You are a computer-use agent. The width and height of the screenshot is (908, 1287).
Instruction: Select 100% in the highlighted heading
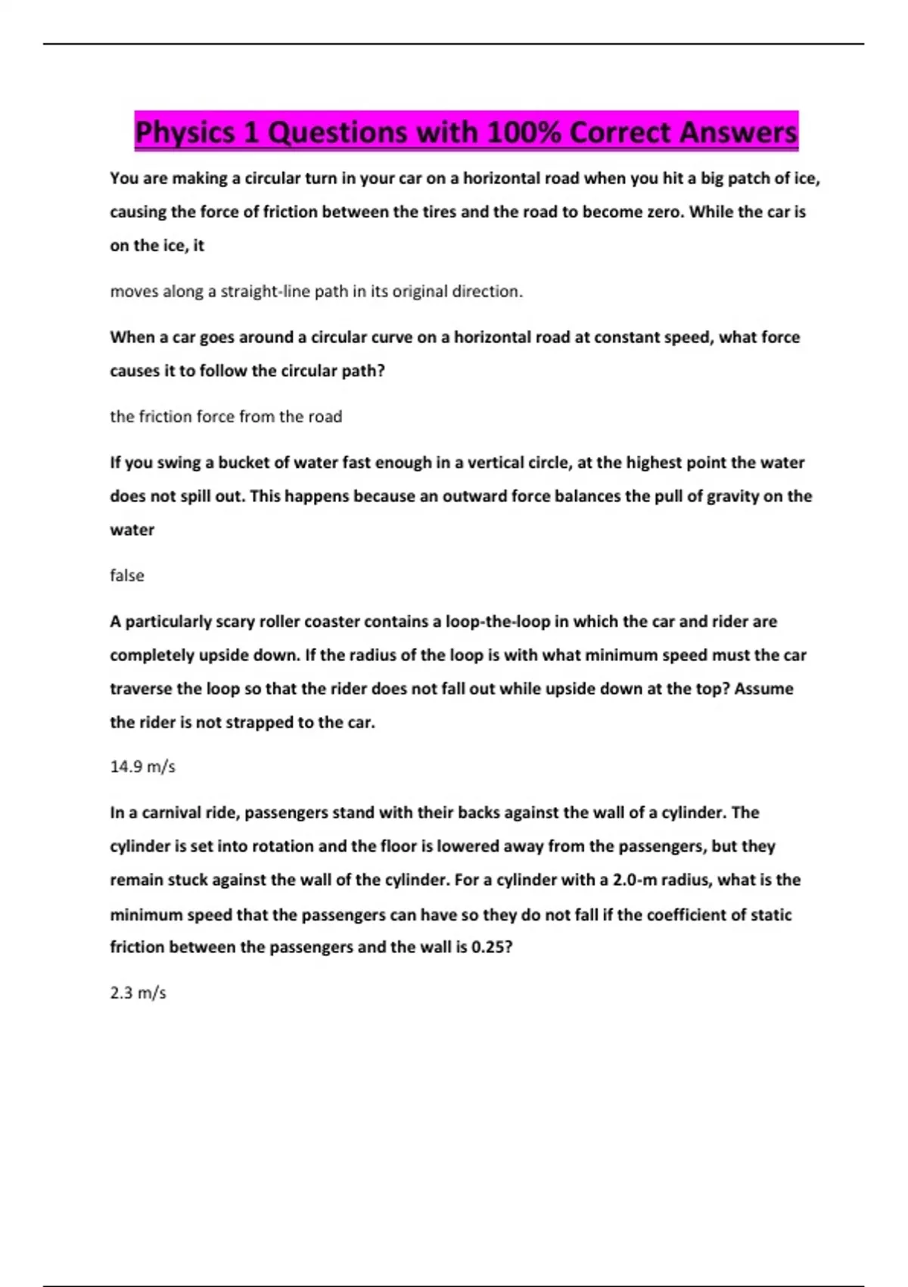click(x=523, y=132)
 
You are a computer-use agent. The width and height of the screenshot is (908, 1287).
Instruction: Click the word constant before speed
click(x=629, y=337)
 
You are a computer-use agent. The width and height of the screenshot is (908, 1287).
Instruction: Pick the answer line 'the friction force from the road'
click(x=225, y=416)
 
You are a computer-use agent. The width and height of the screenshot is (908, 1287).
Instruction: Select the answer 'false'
click(x=126, y=575)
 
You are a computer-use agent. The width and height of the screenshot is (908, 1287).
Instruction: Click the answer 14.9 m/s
click(x=142, y=767)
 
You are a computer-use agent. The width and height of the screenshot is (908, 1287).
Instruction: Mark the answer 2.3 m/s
click(x=138, y=993)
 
